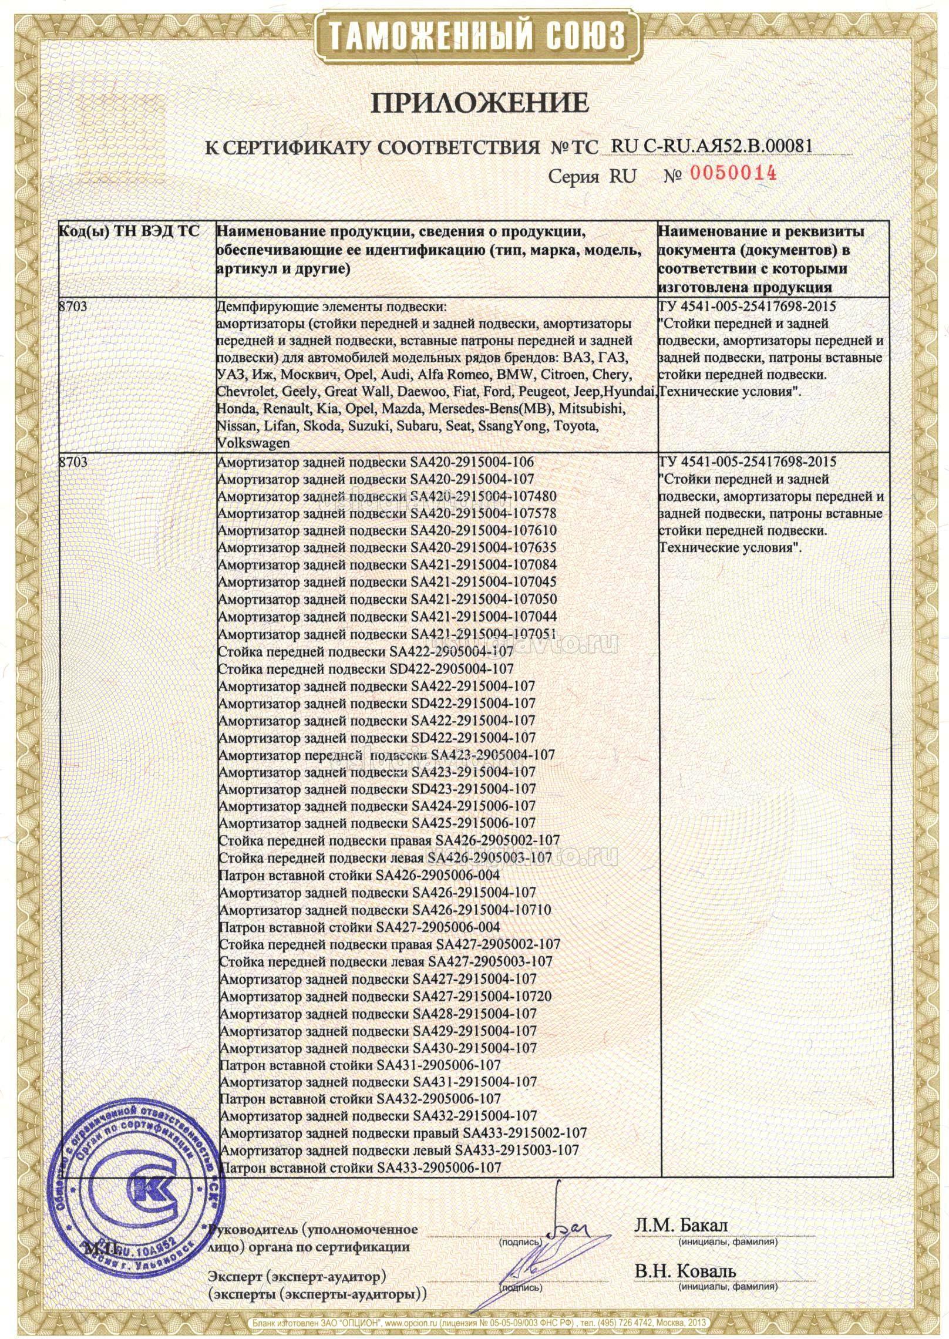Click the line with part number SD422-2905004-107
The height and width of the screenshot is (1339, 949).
(x=365, y=668)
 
